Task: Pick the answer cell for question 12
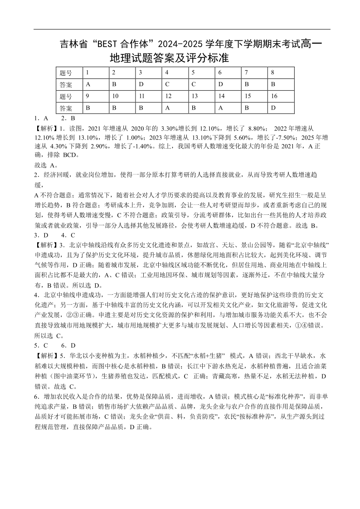(x=175, y=108)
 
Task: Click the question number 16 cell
(x=281, y=96)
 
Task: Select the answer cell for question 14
(x=228, y=108)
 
